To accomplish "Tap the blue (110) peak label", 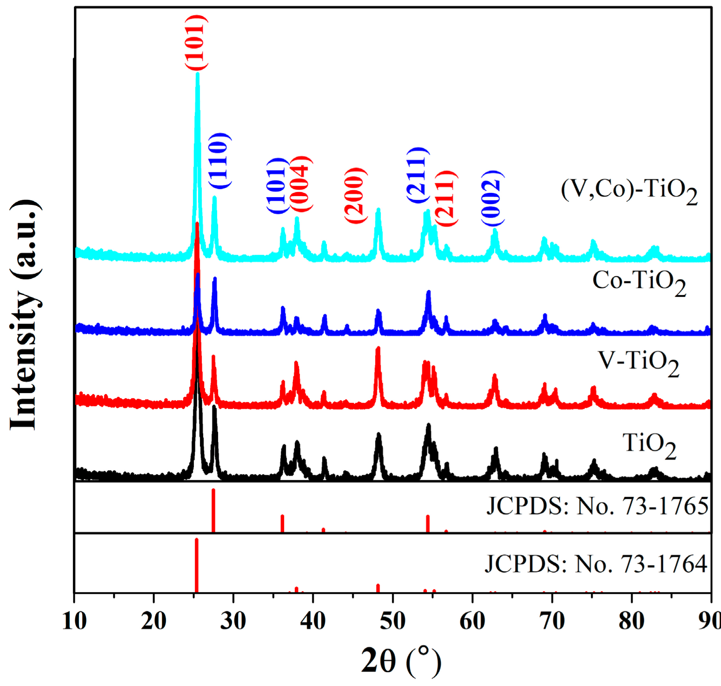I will pos(219,160).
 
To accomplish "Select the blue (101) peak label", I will pos(277,185).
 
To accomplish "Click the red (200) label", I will pos(355,195).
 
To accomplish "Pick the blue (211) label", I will pos(417,175).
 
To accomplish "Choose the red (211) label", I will pos(446,198).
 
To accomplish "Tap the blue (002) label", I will pos(492,198).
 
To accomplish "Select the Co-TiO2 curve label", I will pos(639,282).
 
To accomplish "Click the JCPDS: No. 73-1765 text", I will pos(597,506).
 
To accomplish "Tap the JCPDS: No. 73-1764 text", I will pos(596,564).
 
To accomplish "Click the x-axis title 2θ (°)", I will pos(401,660).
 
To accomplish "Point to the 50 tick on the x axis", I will pos(393,620).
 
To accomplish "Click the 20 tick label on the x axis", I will pos(153,620).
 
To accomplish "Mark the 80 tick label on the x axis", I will pos(631,620).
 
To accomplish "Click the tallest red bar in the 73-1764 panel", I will pos(197,565).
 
